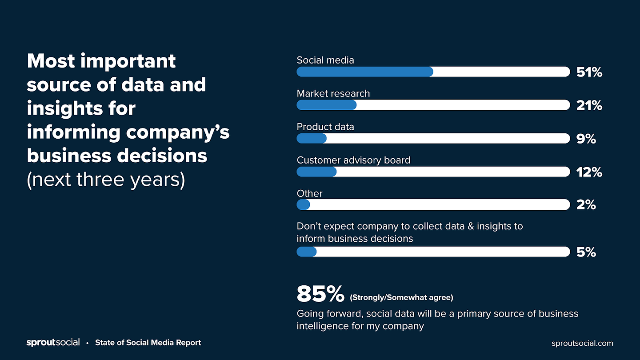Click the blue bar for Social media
365,72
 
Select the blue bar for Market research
327,105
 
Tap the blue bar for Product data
312,139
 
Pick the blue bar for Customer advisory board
316,172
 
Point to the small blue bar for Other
303,204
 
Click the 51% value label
589,72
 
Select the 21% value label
589,105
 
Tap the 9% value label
586,139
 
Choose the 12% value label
589,172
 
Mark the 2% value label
586,205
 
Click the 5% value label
586,252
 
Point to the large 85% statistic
320,294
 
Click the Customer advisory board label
353,160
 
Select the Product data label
325,127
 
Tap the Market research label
333,93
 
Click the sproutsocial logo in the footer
53,343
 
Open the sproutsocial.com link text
582,343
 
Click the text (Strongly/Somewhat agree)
401,297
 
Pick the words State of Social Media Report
148,343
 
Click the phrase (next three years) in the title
106,180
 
